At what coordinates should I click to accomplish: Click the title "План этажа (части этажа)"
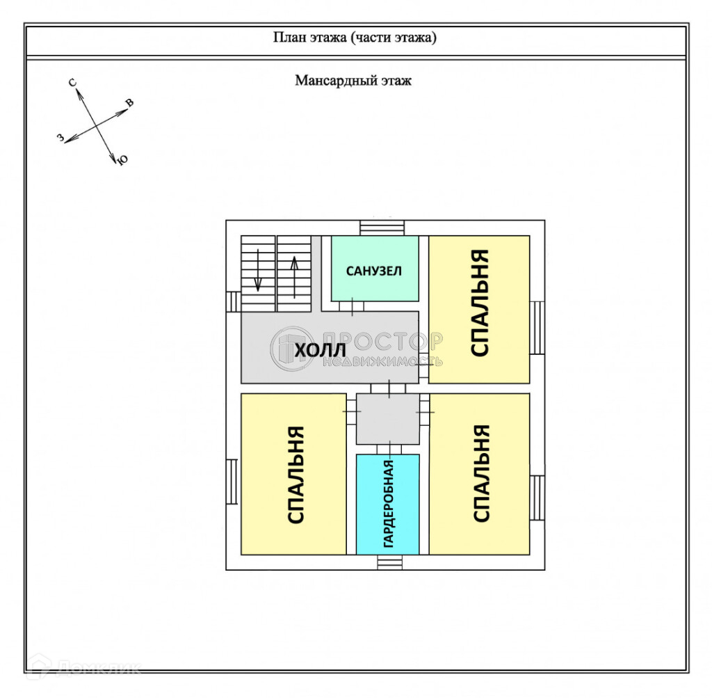tap(355, 38)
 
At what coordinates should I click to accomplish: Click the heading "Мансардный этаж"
tap(353, 81)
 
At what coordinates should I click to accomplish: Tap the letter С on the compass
tap(72, 83)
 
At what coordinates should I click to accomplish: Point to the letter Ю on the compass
tap(123, 161)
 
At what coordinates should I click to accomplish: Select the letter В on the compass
tap(129, 104)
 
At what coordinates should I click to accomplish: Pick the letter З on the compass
tap(60, 138)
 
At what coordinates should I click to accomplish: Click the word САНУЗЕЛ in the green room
tap(374, 271)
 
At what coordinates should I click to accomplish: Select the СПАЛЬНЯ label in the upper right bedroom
tap(480, 303)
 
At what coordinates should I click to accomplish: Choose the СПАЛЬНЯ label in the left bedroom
tap(296, 475)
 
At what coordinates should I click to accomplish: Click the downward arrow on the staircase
tap(258, 272)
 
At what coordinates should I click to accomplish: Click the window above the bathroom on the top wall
tap(382, 228)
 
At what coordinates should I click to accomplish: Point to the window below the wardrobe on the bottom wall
tap(388, 562)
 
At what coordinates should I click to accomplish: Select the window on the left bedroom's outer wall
tap(233, 482)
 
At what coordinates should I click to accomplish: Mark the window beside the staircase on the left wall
tap(233, 301)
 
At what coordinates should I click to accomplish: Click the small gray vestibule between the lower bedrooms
tap(388, 419)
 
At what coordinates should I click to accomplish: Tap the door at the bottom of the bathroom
tap(356, 306)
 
